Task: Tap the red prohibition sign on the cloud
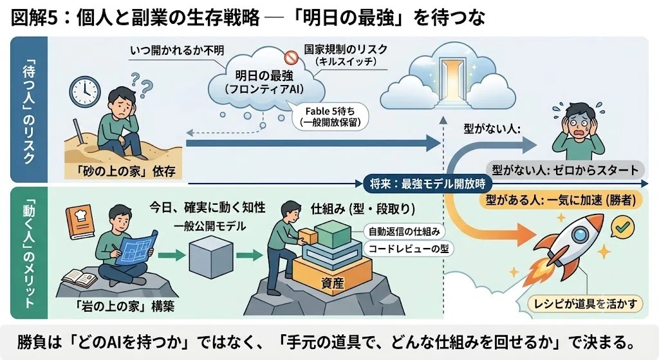(x=290, y=57)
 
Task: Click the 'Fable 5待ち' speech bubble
(x=330, y=117)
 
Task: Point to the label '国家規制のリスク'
(x=346, y=49)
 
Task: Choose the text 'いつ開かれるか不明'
(x=177, y=50)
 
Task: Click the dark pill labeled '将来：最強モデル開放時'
(x=428, y=184)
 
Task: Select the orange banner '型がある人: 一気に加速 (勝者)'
(x=561, y=200)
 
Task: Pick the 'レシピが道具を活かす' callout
(x=585, y=303)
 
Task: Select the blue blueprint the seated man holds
(x=136, y=247)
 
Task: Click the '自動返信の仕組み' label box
(x=404, y=231)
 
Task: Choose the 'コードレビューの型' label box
(x=409, y=249)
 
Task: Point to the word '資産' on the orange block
(x=332, y=283)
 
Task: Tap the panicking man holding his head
(x=579, y=128)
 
